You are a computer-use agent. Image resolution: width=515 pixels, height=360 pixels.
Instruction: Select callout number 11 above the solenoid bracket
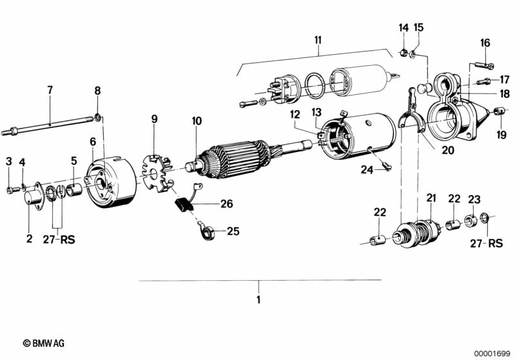(x=318, y=41)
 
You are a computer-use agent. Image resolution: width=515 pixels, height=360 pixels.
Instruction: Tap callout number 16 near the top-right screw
(x=485, y=43)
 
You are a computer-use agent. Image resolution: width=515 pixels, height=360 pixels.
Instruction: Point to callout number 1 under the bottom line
(x=258, y=299)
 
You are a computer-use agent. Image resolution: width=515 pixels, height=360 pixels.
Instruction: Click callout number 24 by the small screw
(x=366, y=170)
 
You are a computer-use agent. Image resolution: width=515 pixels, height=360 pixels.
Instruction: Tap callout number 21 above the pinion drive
(x=431, y=198)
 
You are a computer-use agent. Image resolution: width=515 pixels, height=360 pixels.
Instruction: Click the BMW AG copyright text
(x=44, y=343)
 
